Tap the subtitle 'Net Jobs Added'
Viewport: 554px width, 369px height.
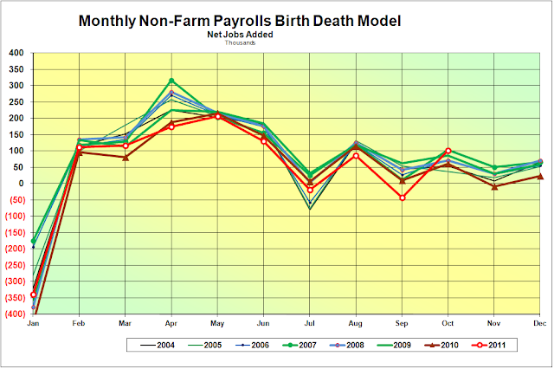pyautogui.click(x=242, y=34)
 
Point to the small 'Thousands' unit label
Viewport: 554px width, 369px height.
pyautogui.click(x=242, y=42)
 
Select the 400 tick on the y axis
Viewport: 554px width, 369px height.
pyautogui.click(x=16, y=53)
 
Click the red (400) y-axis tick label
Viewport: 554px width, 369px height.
pyautogui.click(x=14, y=314)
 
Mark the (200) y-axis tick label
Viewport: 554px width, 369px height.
pyautogui.click(x=14, y=249)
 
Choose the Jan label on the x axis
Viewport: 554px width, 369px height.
pyautogui.click(x=33, y=323)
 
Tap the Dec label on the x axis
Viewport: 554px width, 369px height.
pyautogui.click(x=539, y=323)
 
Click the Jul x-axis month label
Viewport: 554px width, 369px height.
pyautogui.click(x=309, y=323)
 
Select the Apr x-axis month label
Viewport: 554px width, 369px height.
pyautogui.click(x=171, y=323)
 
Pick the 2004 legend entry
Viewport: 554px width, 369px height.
pyautogui.click(x=164, y=345)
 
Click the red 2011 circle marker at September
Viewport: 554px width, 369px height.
pyautogui.click(x=402, y=197)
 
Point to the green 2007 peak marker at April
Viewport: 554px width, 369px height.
pyautogui.click(x=171, y=81)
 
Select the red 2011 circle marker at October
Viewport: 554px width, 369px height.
pyautogui.click(x=448, y=152)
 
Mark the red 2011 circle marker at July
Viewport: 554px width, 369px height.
pyautogui.click(x=310, y=190)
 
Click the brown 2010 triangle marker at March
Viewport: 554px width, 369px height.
pyautogui.click(x=126, y=157)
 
